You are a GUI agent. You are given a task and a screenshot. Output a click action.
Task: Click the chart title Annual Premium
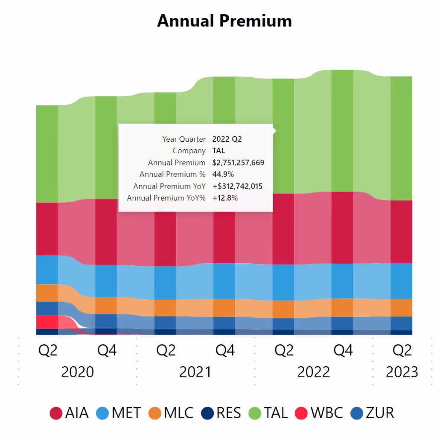click(x=224, y=20)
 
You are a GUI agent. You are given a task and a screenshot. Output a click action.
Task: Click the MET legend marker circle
click(x=102, y=413)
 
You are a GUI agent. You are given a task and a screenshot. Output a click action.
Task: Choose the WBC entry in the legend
click(x=321, y=413)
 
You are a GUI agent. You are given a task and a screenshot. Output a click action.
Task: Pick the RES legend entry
click(x=222, y=413)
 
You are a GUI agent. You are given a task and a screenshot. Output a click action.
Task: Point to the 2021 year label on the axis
click(x=195, y=372)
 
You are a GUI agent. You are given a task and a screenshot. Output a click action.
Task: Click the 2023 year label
click(x=402, y=372)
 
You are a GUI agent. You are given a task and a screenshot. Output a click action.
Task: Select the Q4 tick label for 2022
click(x=343, y=350)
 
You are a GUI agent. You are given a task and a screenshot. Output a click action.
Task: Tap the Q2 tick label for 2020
click(x=47, y=350)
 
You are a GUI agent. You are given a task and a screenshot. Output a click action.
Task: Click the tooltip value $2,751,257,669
click(x=238, y=163)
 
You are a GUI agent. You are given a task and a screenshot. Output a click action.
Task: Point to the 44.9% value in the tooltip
click(x=223, y=174)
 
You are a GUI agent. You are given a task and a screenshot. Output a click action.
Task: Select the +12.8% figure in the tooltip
click(x=225, y=198)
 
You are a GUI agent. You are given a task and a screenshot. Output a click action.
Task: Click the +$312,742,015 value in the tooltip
click(x=237, y=186)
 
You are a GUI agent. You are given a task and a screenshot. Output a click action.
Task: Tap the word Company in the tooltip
click(x=189, y=151)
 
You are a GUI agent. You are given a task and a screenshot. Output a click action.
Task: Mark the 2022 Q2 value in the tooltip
click(x=227, y=139)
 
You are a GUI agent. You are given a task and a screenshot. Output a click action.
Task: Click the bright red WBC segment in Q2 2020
click(x=47, y=322)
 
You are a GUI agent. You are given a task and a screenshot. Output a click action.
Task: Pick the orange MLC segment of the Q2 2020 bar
click(x=47, y=293)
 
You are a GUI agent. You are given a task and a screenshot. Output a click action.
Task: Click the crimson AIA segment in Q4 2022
click(x=342, y=227)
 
